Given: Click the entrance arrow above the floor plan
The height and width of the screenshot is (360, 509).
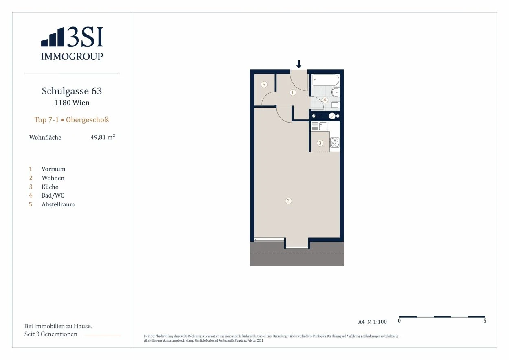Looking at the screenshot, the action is pyautogui.click(x=298, y=64).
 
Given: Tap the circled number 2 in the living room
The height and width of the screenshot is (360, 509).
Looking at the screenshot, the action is pyautogui.click(x=288, y=201).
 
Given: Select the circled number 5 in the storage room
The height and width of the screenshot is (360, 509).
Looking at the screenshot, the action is pyautogui.click(x=264, y=85).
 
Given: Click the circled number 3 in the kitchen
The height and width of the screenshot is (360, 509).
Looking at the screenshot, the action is pyautogui.click(x=320, y=143).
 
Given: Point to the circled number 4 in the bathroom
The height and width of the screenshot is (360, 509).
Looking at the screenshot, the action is pyautogui.click(x=325, y=100).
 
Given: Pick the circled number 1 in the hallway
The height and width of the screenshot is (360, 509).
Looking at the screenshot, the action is pyautogui.click(x=293, y=92).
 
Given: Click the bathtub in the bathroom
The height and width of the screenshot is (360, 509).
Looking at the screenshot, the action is pyautogui.click(x=326, y=80).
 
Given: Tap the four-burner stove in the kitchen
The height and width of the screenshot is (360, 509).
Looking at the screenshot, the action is pyautogui.click(x=335, y=143).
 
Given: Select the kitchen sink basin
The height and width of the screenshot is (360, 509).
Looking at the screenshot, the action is pyautogui.click(x=323, y=126).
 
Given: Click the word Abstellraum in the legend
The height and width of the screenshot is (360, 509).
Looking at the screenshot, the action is pyautogui.click(x=58, y=204).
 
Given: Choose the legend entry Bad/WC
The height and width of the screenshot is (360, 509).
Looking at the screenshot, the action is pyautogui.click(x=53, y=195).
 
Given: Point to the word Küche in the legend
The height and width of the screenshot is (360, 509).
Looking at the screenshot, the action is pyautogui.click(x=50, y=187).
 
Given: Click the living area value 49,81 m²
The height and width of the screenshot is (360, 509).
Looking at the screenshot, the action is pyautogui.click(x=103, y=137).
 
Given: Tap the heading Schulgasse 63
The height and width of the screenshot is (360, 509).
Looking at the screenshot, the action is pyautogui.click(x=72, y=91).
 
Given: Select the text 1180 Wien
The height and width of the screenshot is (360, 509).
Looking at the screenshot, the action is pyautogui.click(x=72, y=103).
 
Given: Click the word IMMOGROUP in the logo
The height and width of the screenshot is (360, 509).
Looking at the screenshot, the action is pyautogui.click(x=72, y=56).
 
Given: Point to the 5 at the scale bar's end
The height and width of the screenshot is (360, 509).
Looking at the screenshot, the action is pyautogui.click(x=485, y=320).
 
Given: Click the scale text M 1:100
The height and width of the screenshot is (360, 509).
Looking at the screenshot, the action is pyautogui.click(x=377, y=322).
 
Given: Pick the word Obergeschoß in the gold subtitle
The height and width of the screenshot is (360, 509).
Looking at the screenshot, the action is pyautogui.click(x=87, y=120).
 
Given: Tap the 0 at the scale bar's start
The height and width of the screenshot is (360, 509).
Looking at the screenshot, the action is pyautogui.click(x=399, y=320).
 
